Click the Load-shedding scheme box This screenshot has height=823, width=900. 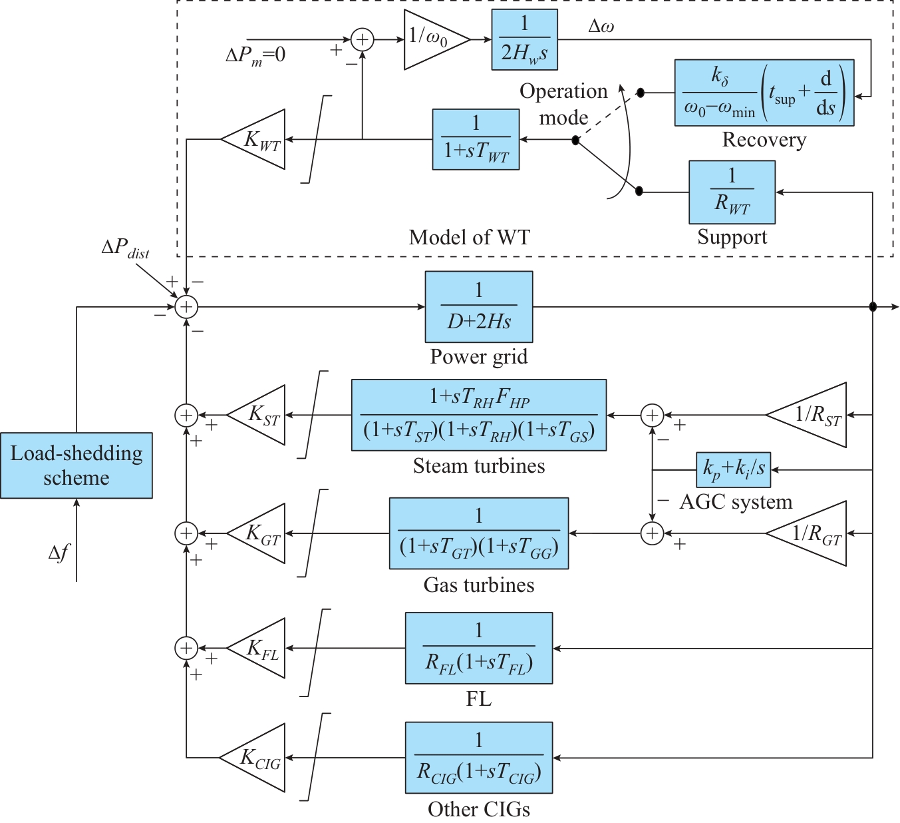[76, 465]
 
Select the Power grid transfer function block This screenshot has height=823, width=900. [479, 306]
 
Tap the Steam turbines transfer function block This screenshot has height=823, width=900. [479, 415]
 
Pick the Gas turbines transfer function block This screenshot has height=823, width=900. [479, 533]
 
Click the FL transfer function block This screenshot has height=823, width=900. [479, 648]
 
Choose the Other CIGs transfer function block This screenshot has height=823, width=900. [479, 757]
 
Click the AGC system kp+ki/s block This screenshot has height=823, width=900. [733, 469]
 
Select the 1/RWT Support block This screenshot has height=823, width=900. [732, 192]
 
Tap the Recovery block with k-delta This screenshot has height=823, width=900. [764, 93]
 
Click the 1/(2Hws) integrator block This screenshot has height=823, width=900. [524, 39]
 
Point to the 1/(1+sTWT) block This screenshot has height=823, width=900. [476, 139]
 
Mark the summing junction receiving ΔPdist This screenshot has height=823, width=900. [187, 306]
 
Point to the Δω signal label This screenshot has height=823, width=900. [601, 27]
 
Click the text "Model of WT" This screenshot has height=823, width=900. [469, 237]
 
